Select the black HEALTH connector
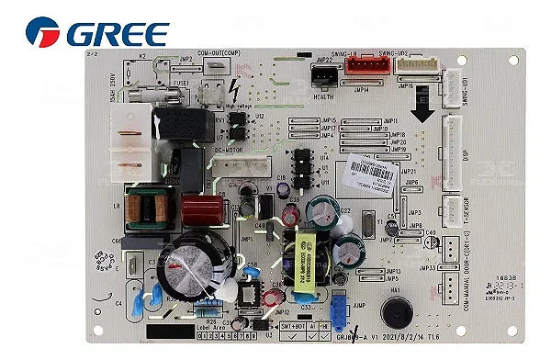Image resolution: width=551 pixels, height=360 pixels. pyautogui.click(x=324, y=77)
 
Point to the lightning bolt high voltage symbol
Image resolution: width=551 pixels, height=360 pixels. pyautogui.click(x=237, y=91)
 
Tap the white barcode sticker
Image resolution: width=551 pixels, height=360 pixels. pyautogui.click(x=378, y=172)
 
